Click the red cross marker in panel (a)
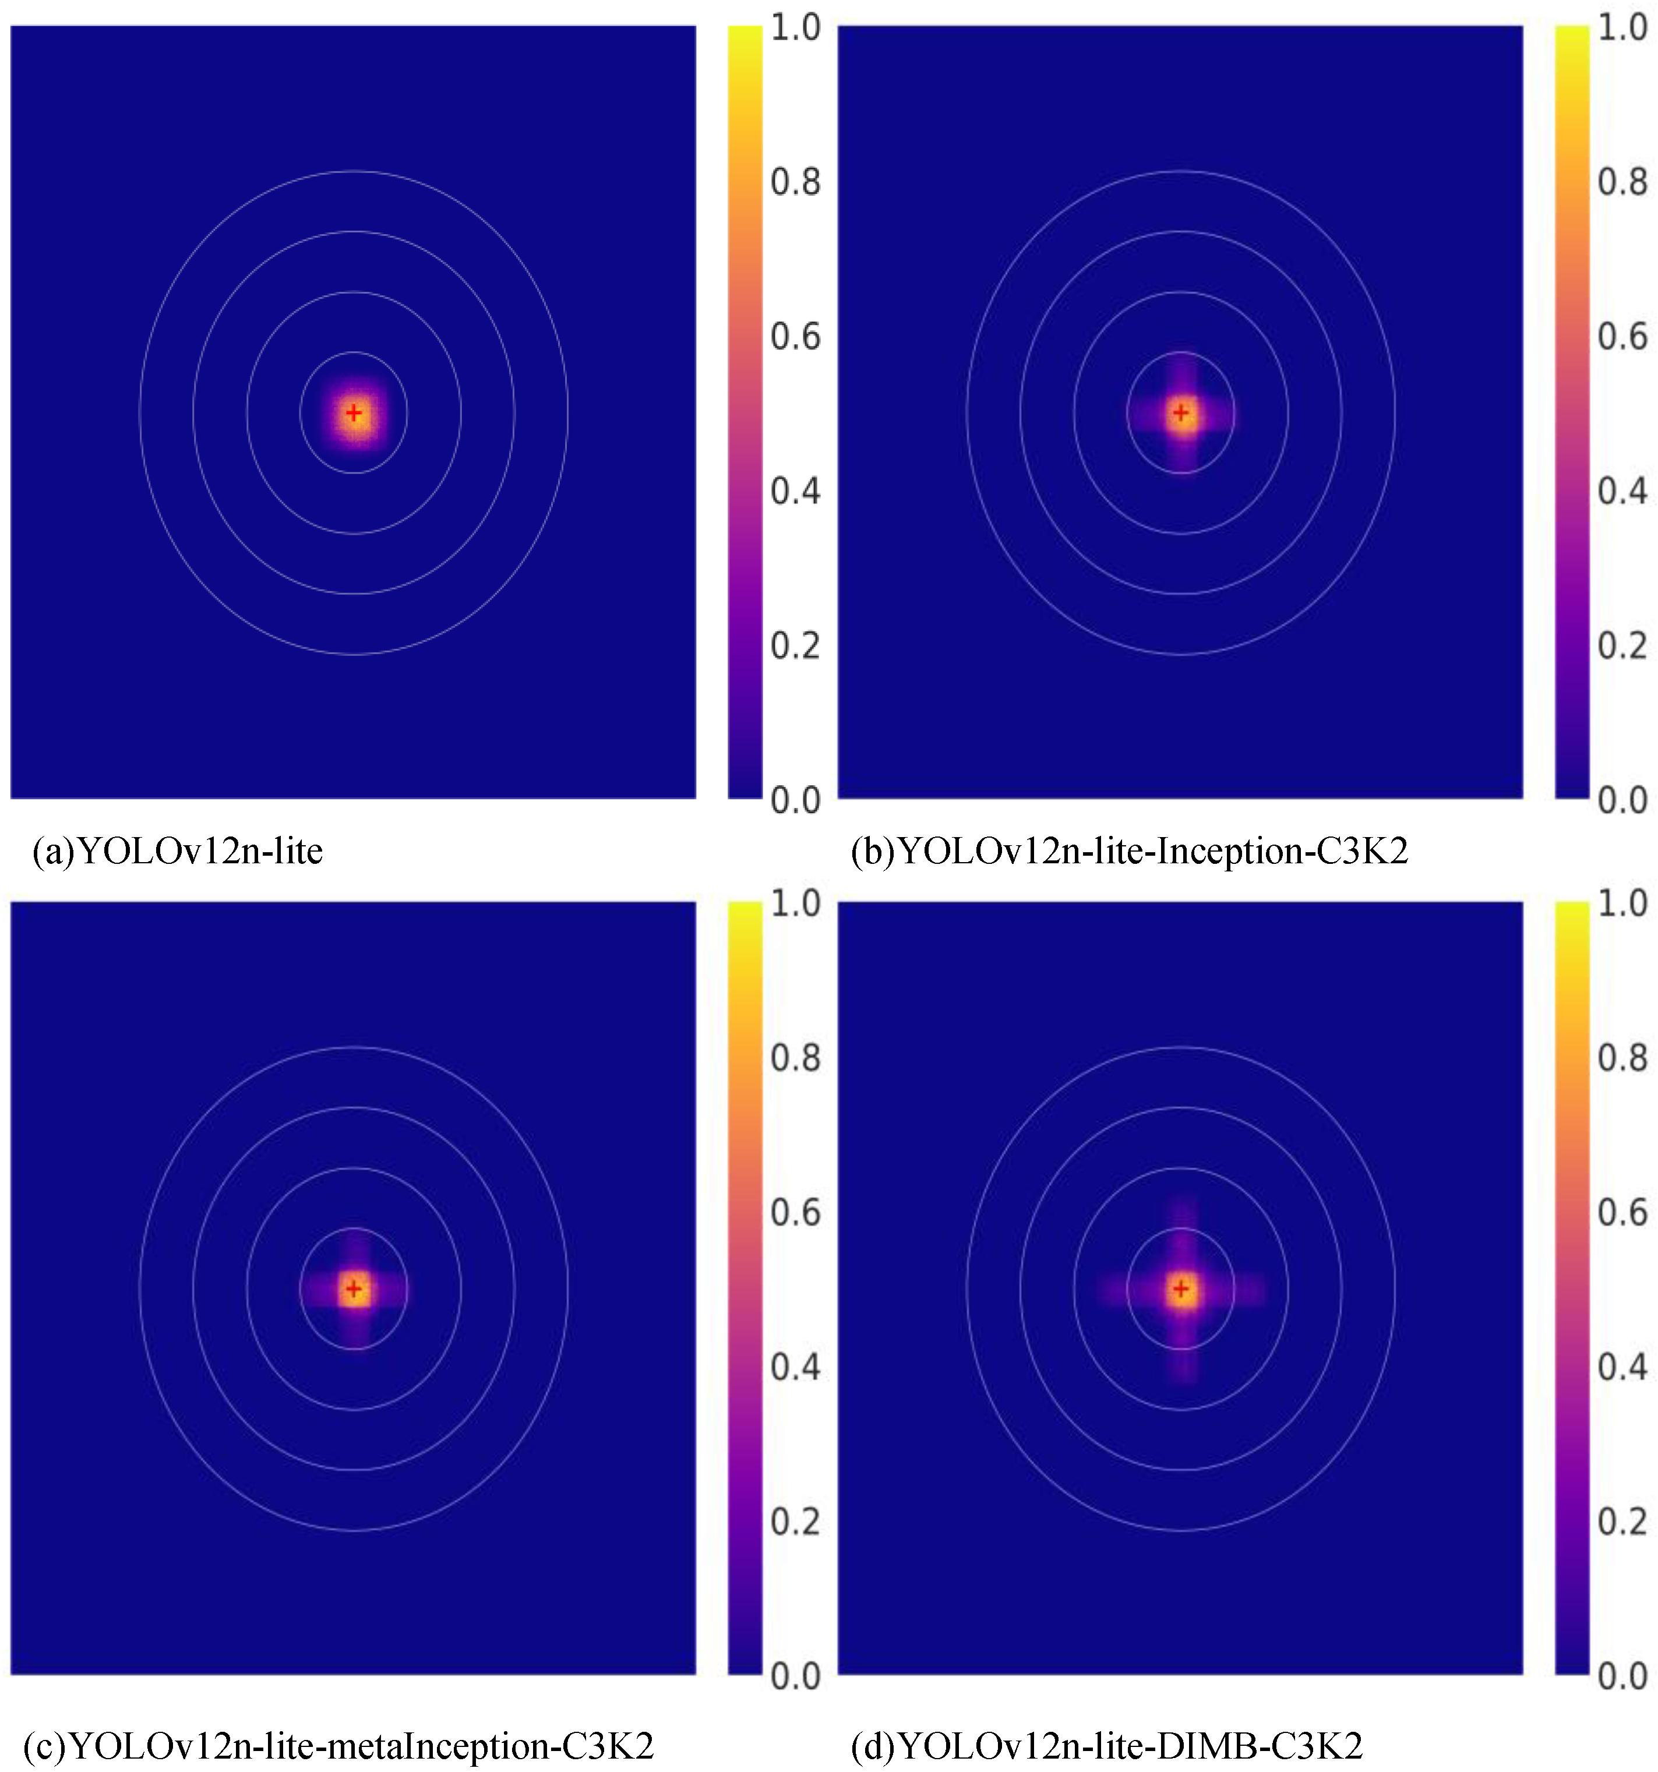[x=354, y=412]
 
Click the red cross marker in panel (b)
[x=1181, y=412]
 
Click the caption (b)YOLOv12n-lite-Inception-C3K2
[x=1130, y=851]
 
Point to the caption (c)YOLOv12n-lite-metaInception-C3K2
[x=338, y=1745]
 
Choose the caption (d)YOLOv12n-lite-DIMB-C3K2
[x=1107, y=1745]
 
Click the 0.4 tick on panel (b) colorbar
[x=1621, y=491]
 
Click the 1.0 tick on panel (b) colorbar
[x=1621, y=27]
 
